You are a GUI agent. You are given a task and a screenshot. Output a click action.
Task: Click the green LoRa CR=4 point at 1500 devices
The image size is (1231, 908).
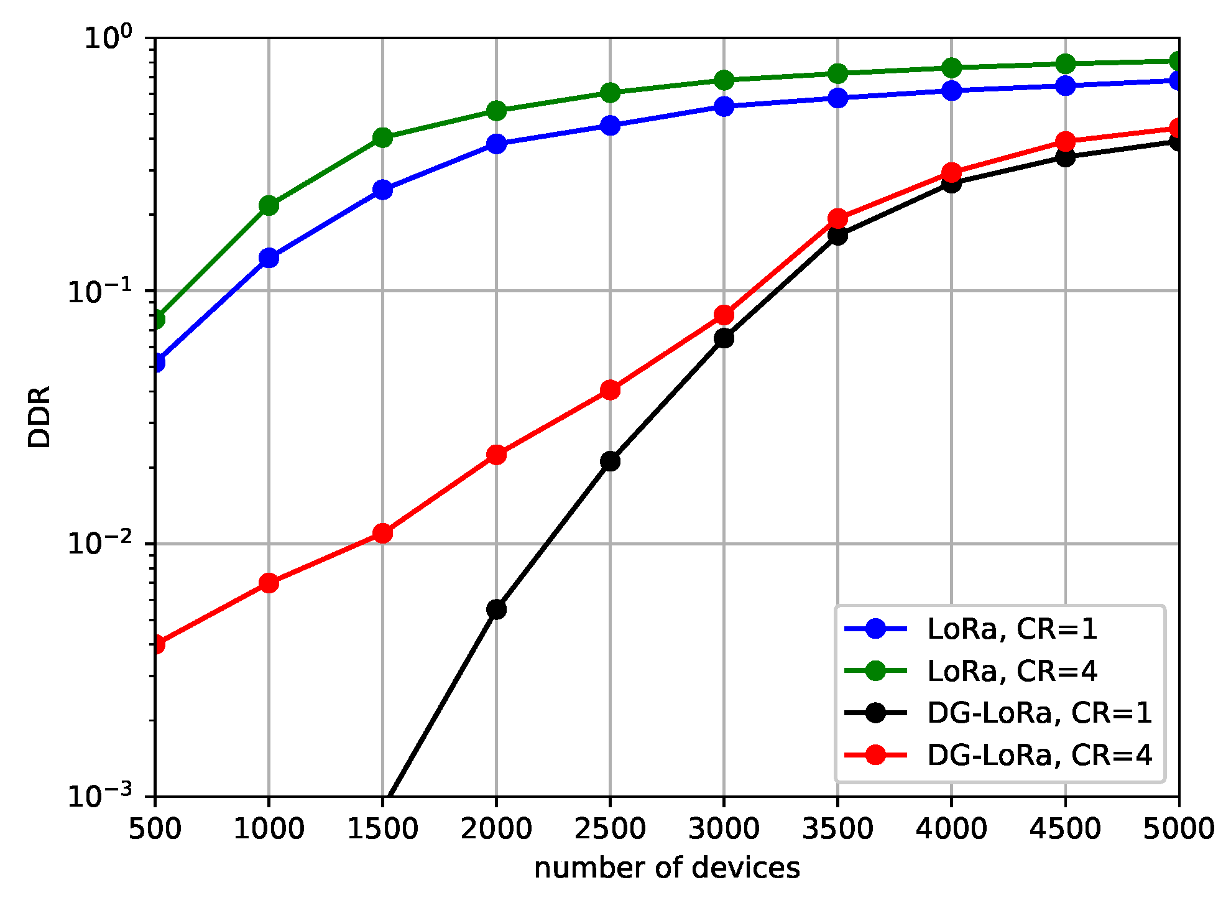tap(382, 137)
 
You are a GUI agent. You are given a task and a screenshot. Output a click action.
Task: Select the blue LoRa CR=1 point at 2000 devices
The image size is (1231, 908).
tap(496, 144)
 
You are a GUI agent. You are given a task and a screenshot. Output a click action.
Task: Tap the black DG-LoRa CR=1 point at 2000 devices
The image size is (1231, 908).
tap(496, 609)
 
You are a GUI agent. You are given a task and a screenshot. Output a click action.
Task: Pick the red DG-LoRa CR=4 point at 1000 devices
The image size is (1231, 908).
tap(269, 583)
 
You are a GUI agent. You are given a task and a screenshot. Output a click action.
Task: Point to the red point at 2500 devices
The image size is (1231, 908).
tap(610, 390)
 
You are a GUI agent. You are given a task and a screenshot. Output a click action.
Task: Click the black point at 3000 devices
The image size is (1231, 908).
tap(724, 338)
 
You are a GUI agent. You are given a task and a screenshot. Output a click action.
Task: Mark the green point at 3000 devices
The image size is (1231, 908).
tap(724, 80)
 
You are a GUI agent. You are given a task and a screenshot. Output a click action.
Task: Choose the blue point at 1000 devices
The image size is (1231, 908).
tap(269, 257)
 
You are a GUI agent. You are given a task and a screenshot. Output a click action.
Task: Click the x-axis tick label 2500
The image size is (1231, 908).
tap(610, 829)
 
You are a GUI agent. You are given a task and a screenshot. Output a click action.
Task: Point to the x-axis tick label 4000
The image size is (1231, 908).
tap(951, 829)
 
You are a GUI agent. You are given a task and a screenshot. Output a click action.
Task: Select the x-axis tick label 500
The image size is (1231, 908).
tap(155, 829)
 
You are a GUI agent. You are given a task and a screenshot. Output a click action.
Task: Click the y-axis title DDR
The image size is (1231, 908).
tap(39, 417)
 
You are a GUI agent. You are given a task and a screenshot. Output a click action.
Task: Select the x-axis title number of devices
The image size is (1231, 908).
tap(666, 868)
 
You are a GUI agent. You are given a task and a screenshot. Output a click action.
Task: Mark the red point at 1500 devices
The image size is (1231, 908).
tap(382, 533)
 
